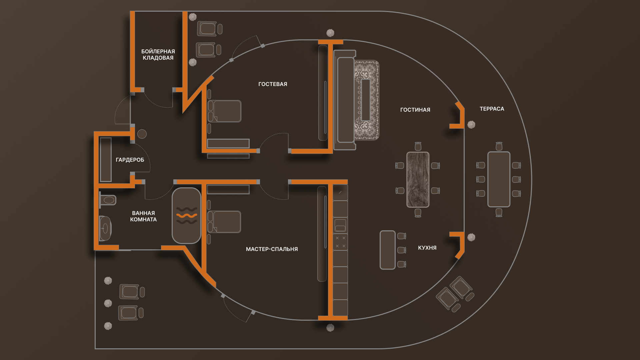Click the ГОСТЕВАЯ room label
(272, 84)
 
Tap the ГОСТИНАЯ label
(415, 110)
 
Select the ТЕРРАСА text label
(492, 109)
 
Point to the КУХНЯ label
(427, 248)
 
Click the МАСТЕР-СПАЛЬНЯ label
(272, 249)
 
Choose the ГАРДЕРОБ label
(130, 160)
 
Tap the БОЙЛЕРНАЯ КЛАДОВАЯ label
(158, 55)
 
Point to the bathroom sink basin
(105, 228)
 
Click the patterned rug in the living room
(366, 100)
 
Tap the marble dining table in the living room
(418, 179)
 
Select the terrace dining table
(499, 179)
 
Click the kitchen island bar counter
(387, 250)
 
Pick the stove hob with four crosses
(340, 242)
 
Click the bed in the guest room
(225, 111)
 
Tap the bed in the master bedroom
(225, 222)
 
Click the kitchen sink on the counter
(340, 225)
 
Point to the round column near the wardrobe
(142, 134)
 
